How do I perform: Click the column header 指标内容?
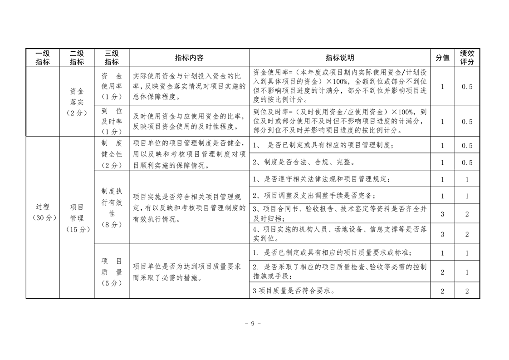tap(189, 58)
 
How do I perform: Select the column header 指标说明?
tap(339, 58)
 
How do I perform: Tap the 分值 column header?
tap(442, 58)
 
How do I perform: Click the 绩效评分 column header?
tap(467, 58)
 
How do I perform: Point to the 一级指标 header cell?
tap(43, 58)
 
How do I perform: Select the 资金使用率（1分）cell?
tap(112, 86)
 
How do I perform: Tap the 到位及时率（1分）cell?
tap(112, 121)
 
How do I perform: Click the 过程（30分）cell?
tap(43, 212)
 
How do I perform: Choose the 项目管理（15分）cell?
tap(77, 218)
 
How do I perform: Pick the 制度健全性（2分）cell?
tap(112, 154)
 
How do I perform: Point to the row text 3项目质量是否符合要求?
tap(294, 291)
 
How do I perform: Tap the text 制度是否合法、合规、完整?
tap(303, 162)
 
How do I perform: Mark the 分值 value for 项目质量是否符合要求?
tap(442, 291)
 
